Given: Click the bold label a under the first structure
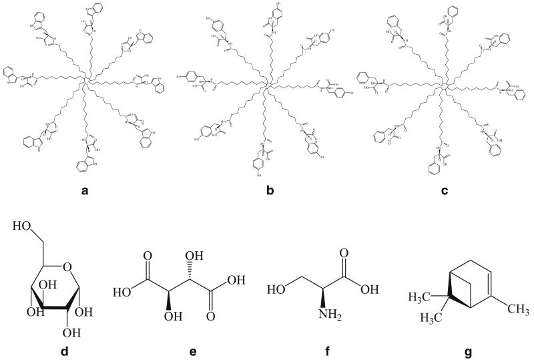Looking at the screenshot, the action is [85, 190].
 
